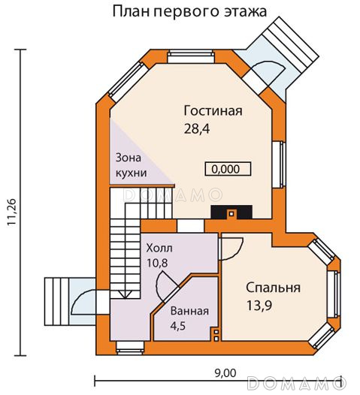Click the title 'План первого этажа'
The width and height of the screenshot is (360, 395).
tap(189, 12)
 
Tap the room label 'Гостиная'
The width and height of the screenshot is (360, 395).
tap(213, 111)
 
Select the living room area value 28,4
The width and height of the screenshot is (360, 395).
tap(197, 129)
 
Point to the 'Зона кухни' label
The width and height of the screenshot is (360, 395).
tap(131, 165)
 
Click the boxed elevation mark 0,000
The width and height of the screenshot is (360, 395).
tap(228, 169)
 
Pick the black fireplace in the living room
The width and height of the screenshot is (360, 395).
tap(231, 212)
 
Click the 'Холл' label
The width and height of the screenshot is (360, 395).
tap(159, 249)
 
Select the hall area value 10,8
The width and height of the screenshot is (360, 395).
tap(157, 264)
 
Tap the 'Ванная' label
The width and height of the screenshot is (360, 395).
tap(189, 311)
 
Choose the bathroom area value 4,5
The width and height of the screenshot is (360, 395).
tap(178, 326)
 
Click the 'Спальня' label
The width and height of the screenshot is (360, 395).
tap(274, 288)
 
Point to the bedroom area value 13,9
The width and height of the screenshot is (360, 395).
tap(259, 306)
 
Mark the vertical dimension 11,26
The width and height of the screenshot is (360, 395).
tap(12, 212)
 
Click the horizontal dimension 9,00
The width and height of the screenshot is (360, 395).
tap(225, 373)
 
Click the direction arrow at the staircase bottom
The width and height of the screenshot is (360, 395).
tap(125, 294)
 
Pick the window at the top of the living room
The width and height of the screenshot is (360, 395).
tap(191, 56)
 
